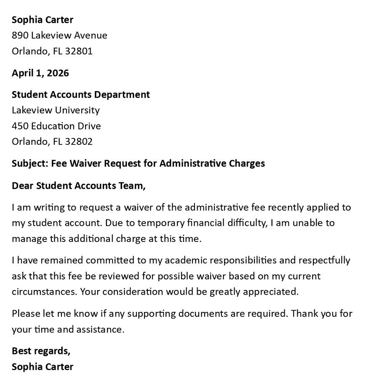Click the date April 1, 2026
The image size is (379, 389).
pos(40,73)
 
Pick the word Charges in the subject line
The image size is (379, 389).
pos(247,164)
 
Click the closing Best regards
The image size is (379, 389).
pos(41,351)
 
